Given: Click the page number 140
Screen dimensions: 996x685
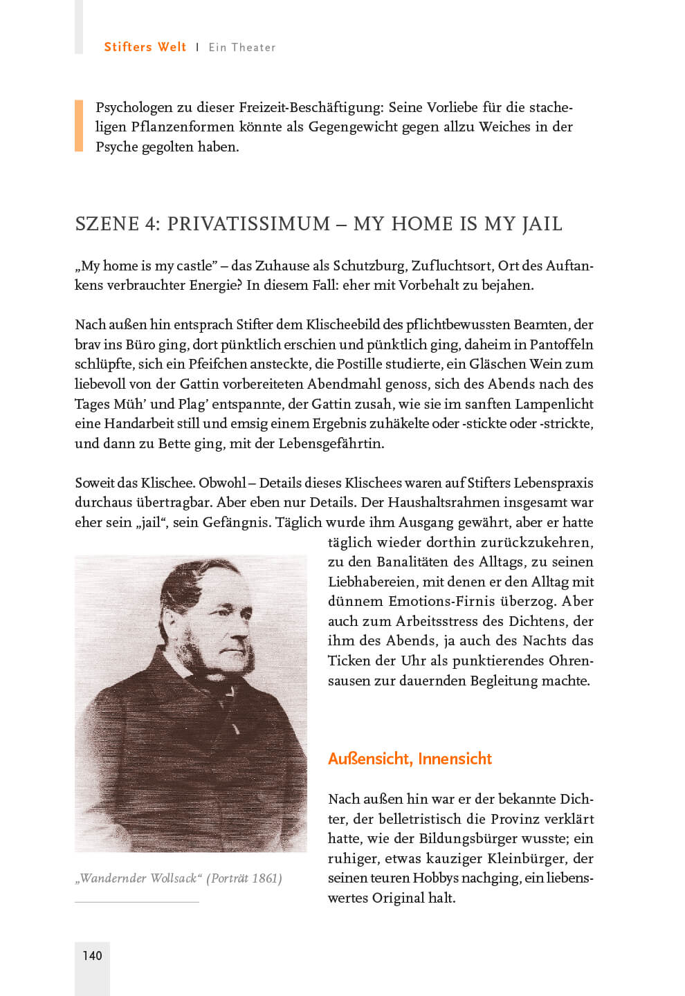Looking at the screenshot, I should coord(92,955).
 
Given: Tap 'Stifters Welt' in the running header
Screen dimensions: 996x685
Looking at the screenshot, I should coord(145,47).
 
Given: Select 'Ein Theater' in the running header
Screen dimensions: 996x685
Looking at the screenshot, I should coord(242,47).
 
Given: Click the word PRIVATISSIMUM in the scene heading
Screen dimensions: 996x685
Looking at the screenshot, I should coord(249,224).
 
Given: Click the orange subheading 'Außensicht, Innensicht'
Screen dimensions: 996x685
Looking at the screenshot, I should coord(410,758).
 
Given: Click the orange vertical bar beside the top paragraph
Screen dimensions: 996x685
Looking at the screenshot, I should coord(79,126).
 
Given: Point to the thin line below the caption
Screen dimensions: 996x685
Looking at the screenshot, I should coord(136,902).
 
